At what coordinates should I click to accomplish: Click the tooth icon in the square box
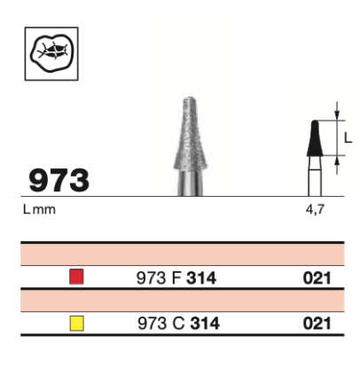click(51, 53)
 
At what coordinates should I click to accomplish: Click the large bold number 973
click(59, 180)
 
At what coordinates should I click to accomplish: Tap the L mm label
click(39, 209)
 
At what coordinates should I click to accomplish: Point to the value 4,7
click(315, 209)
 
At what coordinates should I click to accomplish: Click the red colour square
click(76, 277)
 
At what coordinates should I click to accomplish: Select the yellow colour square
click(76, 323)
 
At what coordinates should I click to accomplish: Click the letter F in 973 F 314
click(176, 278)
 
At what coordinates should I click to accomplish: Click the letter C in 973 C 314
click(178, 324)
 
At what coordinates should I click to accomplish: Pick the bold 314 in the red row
click(201, 278)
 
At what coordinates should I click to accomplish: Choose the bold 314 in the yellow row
click(205, 324)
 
